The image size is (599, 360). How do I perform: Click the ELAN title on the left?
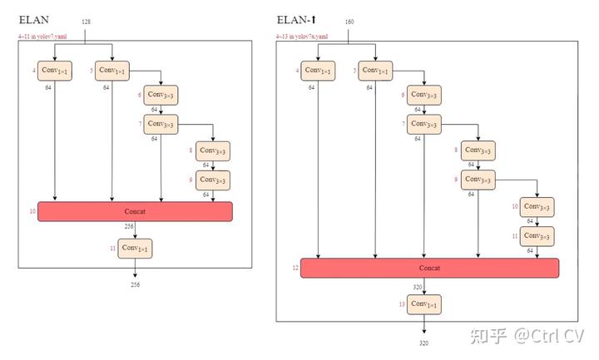pyautogui.click(x=33, y=19)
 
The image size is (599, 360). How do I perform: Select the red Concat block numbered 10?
pyautogui.click(x=135, y=211)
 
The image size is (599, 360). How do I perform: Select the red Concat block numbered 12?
pyautogui.click(x=429, y=268)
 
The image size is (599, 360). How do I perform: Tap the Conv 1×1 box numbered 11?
pyautogui.click(x=135, y=248)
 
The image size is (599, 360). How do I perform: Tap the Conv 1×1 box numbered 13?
pyautogui.click(x=422, y=305)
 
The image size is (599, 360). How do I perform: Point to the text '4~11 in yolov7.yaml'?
pyautogui.click(x=43, y=37)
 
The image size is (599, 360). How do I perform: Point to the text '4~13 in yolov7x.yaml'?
pyautogui.click(x=303, y=37)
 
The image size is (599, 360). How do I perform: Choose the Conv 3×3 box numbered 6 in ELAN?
pyautogui.click(x=161, y=96)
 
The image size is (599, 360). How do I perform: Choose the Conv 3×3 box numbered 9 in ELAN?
pyautogui.click(x=212, y=180)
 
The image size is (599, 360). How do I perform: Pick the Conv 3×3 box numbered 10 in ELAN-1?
pyautogui.click(x=537, y=206)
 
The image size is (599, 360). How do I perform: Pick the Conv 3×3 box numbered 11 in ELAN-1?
pyautogui.click(x=537, y=236)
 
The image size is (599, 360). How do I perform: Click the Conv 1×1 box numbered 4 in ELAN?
pyautogui.click(x=55, y=71)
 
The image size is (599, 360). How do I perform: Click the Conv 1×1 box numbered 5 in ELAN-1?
pyautogui.click(x=375, y=71)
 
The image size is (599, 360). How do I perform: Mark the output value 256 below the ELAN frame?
pyautogui.click(x=135, y=285)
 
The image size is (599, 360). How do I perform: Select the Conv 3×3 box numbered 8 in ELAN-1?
pyautogui.click(x=478, y=150)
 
